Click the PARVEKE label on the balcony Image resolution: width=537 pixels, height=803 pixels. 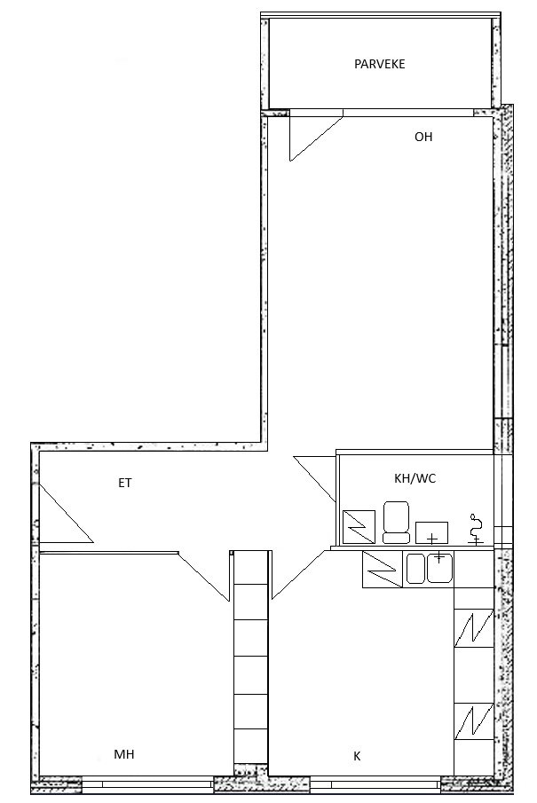point(379,64)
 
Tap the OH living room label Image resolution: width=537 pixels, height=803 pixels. point(423,137)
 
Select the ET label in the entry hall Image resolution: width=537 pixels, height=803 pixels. point(125,483)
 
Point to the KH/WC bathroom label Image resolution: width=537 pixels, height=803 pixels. point(415,479)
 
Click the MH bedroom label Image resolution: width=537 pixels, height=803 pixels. point(124,754)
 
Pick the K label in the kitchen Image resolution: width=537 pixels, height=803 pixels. point(357,756)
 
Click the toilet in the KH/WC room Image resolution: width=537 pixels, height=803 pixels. point(396,522)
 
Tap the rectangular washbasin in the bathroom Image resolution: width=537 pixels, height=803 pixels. point(431,532)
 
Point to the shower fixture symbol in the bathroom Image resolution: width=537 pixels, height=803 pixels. point(477,530)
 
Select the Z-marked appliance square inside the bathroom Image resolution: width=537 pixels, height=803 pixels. point(359,526)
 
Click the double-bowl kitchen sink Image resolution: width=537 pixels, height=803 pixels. point(430,568)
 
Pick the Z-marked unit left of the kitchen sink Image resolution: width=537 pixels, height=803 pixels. point(383,569)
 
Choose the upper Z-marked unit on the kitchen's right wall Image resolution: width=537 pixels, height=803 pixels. point(474,628)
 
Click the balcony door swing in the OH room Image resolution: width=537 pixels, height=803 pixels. point(316,138)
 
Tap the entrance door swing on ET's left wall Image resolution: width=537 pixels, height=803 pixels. point(66,513)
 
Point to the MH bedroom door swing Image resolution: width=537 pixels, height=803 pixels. point(204,576)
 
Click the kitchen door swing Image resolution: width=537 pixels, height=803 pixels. point(299,575)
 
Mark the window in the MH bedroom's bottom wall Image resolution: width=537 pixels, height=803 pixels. point(147,783)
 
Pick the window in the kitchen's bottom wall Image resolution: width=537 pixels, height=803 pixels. point(375,783)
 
